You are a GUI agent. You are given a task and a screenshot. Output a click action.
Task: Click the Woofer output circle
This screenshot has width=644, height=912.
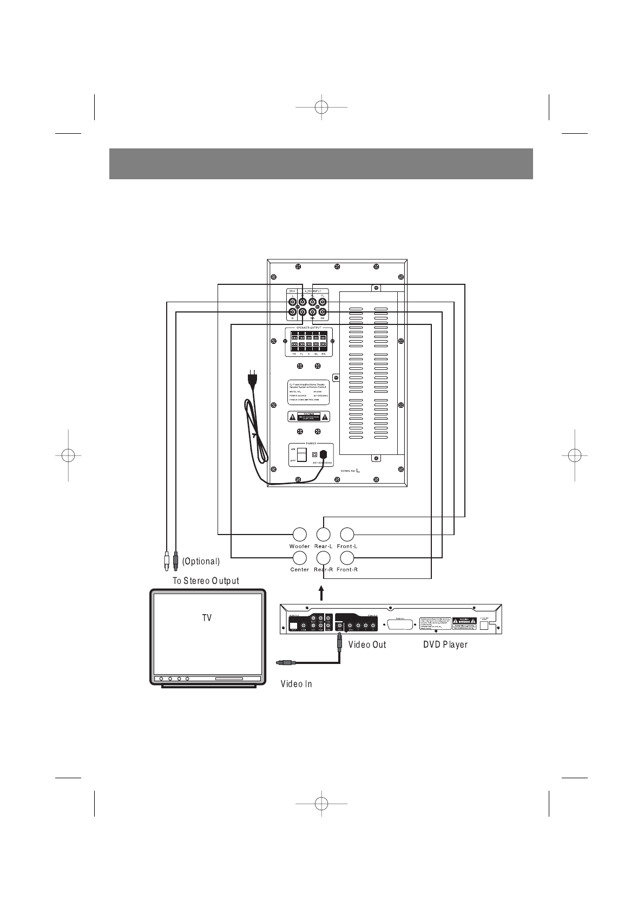click(x=299, y=535)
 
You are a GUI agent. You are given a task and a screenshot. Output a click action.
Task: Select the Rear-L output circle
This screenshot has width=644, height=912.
click(x=323, y=535)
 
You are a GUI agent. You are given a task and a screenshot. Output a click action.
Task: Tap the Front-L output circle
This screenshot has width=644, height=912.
click(x=346, y=535)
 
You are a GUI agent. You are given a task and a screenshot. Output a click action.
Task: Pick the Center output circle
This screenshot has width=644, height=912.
click(x=299, y=558)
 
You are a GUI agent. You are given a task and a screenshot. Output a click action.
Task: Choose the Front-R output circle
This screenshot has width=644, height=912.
click(x=346, y=558)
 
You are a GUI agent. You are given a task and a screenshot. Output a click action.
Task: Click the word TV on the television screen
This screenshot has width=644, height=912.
click(x=207, y=617)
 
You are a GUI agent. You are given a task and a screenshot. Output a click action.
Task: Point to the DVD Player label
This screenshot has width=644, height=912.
click(x=445, y=644)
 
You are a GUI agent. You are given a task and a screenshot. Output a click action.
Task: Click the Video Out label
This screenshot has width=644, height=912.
click(x=367, y=644)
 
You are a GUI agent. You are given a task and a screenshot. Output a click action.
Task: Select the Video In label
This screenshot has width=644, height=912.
click(x=296, y=684)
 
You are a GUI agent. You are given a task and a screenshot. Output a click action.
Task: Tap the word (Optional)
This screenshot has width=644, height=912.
click(x=201, y=562)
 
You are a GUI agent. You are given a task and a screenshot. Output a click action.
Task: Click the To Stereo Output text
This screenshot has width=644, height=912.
click(x=206, y=581)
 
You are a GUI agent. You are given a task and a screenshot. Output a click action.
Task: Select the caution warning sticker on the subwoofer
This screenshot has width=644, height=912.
click(x=308, y=416)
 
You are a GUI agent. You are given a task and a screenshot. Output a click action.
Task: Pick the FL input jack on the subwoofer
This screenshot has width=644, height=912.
click(x=323, y=302)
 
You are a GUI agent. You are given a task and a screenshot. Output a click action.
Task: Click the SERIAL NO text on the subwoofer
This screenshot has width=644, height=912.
click(x=352, y=471)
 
